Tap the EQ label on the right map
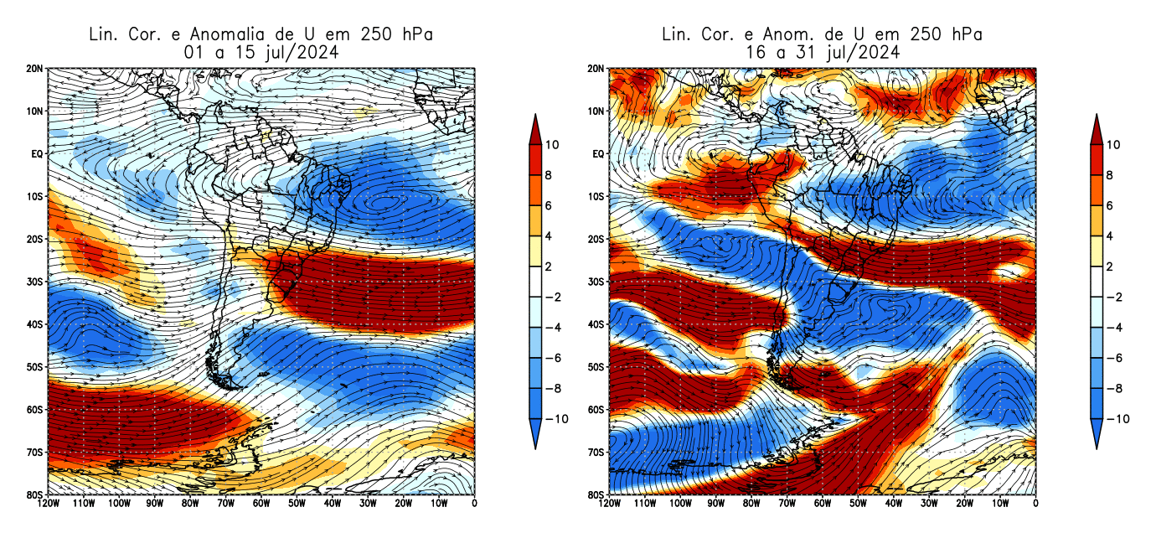(x=597, y=154)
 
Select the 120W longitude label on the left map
(x=48, y=504)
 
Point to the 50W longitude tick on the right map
(x=858, y=504)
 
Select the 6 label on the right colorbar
(x=1111, y=205)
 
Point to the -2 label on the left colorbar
(x=553, y=298)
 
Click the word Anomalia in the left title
(x=227, y=34)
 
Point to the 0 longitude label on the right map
(x=1035, y=504)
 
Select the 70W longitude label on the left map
(x=226, y=504)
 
